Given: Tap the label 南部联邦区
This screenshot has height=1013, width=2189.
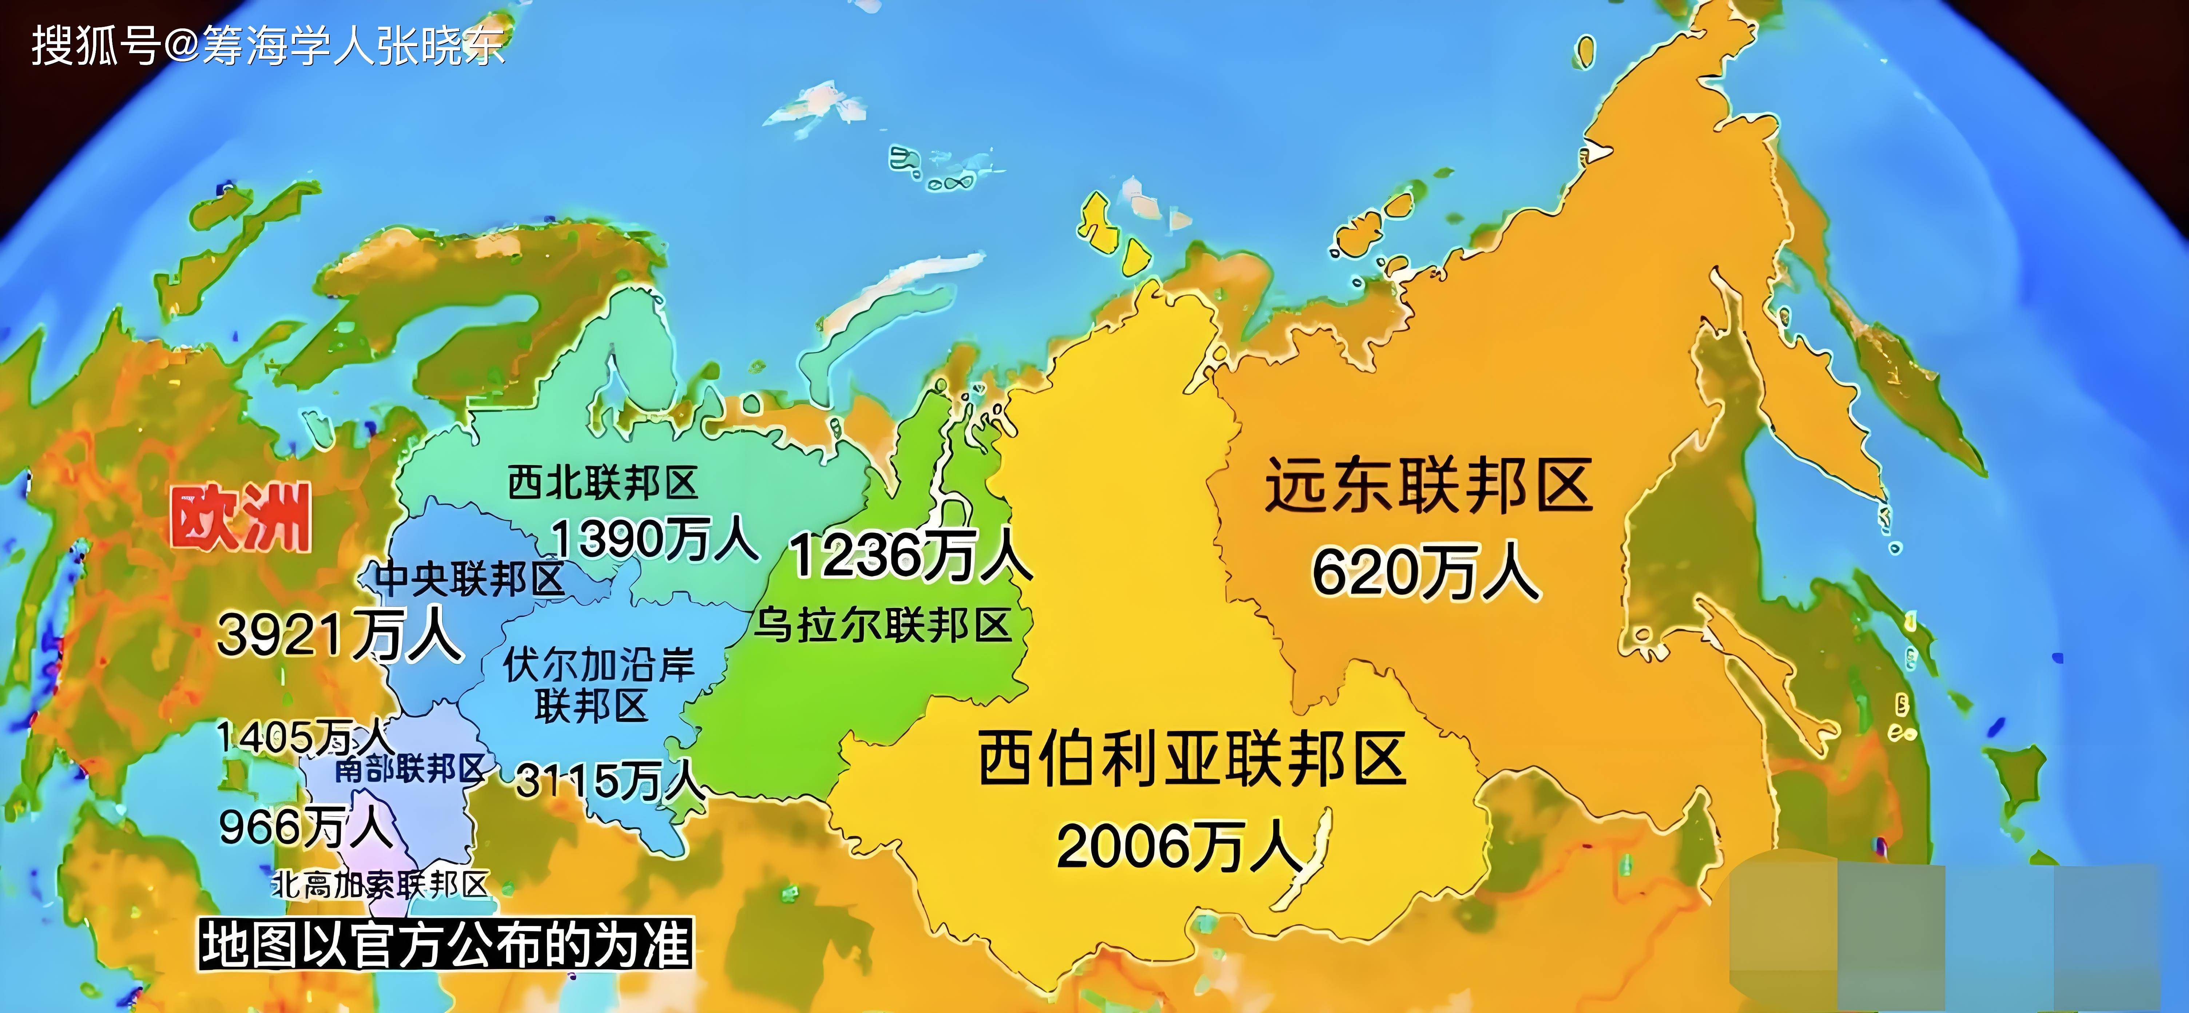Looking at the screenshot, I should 410,769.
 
